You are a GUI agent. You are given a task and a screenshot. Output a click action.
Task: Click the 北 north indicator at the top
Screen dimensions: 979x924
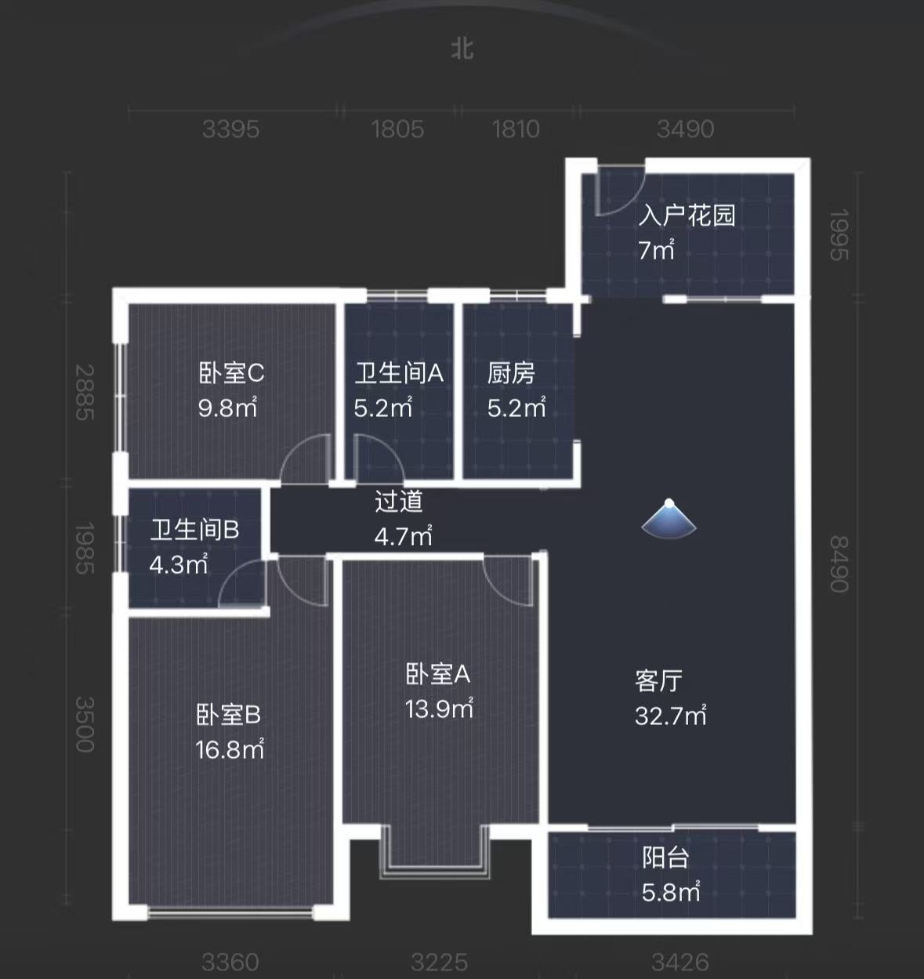click(462, 48)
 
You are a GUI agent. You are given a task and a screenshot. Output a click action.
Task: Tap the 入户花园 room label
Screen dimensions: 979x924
click(687, 215)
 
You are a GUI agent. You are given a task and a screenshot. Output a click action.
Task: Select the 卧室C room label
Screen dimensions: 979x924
click(231, 373)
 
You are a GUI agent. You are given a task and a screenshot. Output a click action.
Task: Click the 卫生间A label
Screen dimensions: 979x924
click(399, 373)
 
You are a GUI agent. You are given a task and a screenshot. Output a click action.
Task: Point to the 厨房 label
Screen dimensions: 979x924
click(511, 373)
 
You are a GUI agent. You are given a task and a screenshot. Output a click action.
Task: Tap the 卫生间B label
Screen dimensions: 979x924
click(194, 530)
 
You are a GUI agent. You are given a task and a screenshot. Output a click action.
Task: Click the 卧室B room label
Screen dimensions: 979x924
click(228, 715)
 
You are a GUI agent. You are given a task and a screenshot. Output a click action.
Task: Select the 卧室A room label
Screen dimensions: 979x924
click(438, 674)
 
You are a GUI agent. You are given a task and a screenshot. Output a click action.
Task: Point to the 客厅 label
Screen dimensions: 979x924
click(658, 680)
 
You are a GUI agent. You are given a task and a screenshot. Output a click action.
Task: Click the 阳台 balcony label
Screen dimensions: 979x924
click(665, 858)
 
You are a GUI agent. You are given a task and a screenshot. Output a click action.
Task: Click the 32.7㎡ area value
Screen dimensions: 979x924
click(671, 716)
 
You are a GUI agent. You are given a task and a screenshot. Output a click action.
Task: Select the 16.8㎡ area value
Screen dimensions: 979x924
click(230, 749)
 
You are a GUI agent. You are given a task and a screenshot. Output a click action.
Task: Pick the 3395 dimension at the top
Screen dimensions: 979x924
click(230, 129)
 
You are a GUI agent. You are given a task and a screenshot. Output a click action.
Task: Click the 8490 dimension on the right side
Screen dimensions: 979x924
click(839, 564)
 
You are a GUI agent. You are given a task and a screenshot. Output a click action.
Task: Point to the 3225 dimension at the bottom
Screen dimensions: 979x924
click(439, 962)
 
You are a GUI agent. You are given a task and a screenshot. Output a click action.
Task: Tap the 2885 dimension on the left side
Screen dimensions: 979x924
click(85, 393)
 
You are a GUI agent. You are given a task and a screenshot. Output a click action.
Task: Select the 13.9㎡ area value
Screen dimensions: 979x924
click(439, 709)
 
